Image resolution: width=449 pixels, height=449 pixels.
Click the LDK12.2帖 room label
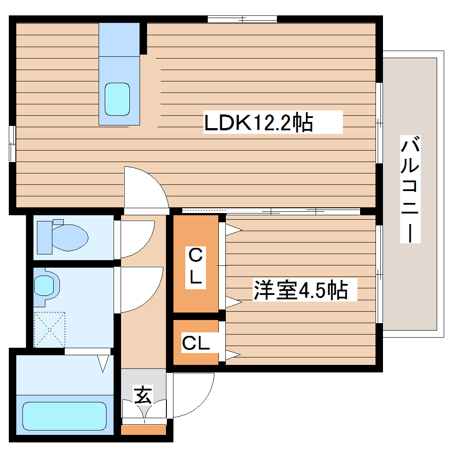pyautogui.click(x=259, y=123)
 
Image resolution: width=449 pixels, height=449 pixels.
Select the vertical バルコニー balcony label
pyautogui.click(x=410, y=189)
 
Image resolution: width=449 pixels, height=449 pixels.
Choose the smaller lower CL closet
pyautogui.click(x=196, y=342)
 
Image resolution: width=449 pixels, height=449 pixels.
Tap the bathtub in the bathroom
pyautogui.click(x=64, y=416)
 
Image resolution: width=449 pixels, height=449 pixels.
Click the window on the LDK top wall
pyautogui.click(x=242, y=19)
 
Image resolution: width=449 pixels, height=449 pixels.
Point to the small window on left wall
pyautogui.click(x=13, y=144)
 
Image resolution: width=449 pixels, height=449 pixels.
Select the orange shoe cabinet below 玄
pyautogui.click(x=143, y=430)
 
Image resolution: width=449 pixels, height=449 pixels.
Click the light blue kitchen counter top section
pyautogui.click(x=119, y=39)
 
